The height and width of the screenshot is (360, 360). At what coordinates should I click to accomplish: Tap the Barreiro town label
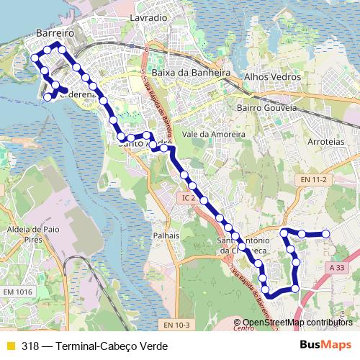(x=54, y=32)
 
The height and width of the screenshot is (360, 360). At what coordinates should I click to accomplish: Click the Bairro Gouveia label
(x=266, y=107)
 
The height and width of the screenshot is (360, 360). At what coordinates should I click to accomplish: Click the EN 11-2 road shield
(x=314, y=179)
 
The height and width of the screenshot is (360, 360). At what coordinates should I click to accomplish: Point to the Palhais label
(x=166, y=235)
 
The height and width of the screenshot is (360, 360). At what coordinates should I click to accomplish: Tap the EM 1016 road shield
(x=18, y=291)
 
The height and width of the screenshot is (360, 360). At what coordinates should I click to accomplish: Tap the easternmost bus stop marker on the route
(x=325, y=233)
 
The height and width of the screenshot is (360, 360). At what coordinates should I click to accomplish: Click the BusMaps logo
(x=325, y=345)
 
